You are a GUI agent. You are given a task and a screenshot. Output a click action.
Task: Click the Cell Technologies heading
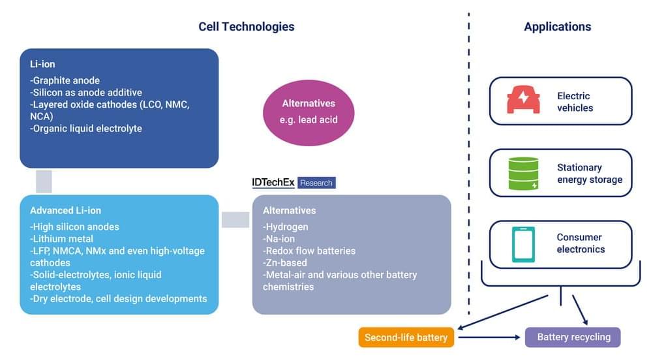[246, 27]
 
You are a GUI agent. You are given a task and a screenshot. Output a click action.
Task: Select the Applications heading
[557, 27]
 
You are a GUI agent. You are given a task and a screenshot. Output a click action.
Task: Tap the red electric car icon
[523, 101]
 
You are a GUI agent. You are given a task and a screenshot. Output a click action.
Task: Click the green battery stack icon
[523, 173]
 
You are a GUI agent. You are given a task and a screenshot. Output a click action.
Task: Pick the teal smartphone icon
[523, 244]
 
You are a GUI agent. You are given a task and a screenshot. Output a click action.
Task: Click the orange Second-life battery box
[406, 337]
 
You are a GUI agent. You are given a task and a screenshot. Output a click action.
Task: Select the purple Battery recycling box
[573, 337]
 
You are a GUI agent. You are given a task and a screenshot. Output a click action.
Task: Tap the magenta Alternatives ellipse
[308, 112]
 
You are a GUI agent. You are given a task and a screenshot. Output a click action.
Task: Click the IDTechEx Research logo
[294, 183]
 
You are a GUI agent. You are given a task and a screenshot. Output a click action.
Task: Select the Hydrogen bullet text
[286, 227]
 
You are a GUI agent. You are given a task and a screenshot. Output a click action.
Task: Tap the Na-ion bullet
[280, 239]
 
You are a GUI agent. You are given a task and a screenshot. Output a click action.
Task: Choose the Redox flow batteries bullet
[309, 251]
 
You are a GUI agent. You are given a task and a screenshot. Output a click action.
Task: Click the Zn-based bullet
[285, 263]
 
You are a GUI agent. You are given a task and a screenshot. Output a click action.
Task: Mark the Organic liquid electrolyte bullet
[85, 129]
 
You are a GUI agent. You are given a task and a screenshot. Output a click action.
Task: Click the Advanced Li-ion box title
[65, 210]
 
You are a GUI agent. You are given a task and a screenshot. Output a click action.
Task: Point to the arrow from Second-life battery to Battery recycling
[490, 337]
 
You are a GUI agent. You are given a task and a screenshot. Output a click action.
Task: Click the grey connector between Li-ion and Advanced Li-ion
[44, 181]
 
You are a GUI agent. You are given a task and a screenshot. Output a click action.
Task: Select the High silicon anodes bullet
[74, 227]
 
